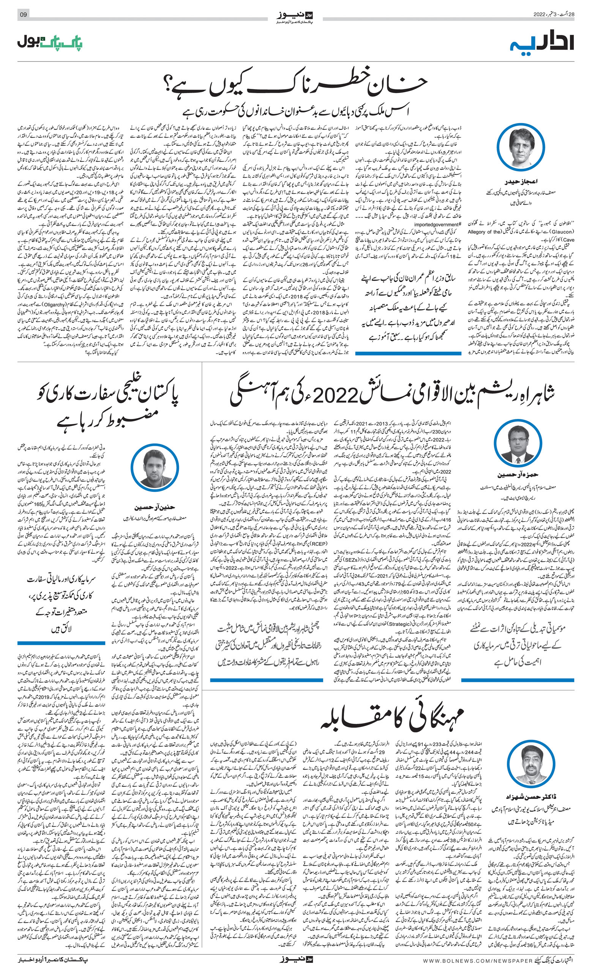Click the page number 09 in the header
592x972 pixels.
[23, 14]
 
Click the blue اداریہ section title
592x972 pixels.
[542, 43]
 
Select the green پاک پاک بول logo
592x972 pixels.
[50, 43]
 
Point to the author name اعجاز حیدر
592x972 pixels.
[521, 182]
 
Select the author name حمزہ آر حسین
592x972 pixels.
[518, 475]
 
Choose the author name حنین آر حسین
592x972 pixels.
[154, 507]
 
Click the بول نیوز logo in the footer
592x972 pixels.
[296, 960]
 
